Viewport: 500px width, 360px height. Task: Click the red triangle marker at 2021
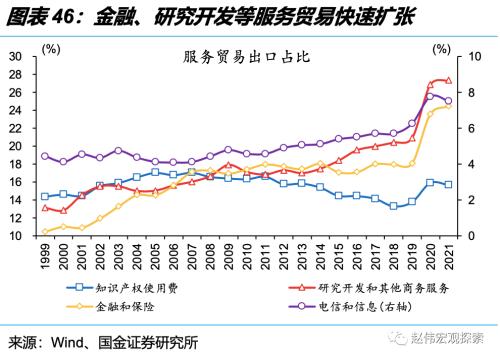[x=447, y=81]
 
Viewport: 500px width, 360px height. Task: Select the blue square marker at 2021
[x=447, y=185]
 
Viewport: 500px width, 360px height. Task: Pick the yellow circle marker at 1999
[x=45, y=232]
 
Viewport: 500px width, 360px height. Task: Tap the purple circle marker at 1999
[x=45, y=156]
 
